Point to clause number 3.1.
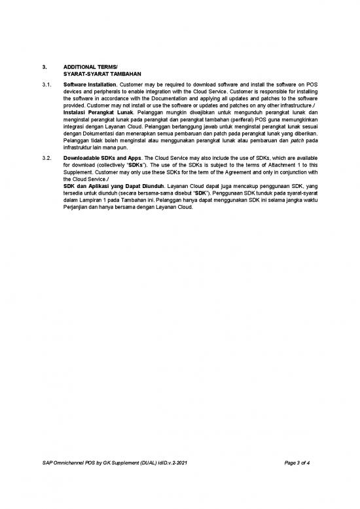point(46,85)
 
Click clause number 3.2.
point(46,159)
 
